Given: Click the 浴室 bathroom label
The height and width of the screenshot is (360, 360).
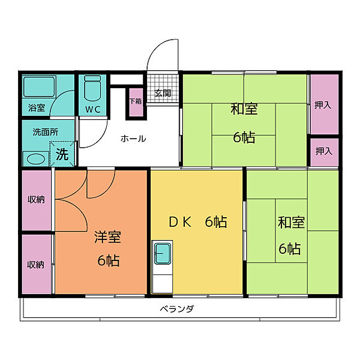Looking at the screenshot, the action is click(37, 107).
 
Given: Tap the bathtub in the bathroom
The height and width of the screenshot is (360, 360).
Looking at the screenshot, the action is click(40, 86).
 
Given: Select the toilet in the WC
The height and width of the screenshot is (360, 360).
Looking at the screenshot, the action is click(92, 88).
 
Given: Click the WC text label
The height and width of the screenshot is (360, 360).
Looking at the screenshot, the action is click(93, 109).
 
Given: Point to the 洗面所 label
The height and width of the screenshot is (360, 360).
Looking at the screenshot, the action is click(46, 132).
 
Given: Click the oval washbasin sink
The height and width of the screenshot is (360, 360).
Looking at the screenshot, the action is click(35, 159).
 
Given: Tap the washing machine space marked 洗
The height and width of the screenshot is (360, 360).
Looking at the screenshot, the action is click(62, 154).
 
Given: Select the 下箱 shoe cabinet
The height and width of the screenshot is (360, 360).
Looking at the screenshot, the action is click(136, 103).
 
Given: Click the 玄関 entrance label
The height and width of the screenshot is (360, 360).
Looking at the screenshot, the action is click(163, 93).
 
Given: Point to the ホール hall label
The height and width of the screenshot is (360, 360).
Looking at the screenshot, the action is click(133, 139).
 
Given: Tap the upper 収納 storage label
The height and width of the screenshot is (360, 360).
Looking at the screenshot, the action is click(36, 200).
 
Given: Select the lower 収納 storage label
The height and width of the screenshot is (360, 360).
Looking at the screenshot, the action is click(35, 265).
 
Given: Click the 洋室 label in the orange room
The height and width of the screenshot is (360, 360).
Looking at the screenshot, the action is click(107, 237).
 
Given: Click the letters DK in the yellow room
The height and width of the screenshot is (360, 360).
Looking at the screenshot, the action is click(180, 222).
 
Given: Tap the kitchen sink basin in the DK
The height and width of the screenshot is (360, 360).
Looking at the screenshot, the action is click(163, 253).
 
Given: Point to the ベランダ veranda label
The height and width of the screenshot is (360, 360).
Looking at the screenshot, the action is click(177, 309).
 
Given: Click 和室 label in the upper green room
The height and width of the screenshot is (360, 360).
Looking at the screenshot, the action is click(244, 109).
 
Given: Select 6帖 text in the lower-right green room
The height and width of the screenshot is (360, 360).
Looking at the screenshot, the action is click(290, 248).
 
